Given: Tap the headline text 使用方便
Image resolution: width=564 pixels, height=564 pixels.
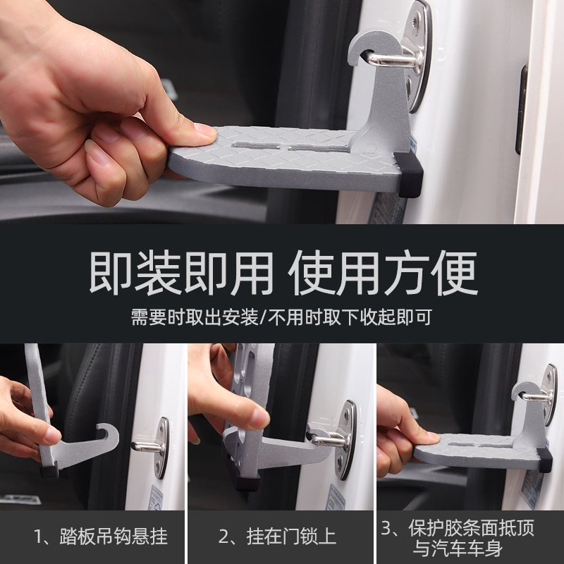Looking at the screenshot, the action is (x=382, y=274).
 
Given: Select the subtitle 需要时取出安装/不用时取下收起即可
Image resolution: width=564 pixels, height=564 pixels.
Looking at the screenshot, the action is (x=281, y=317).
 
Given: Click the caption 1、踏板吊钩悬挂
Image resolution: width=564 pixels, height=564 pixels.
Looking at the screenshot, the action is (x=101, y=537).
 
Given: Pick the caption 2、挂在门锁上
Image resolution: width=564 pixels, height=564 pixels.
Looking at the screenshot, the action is (x=277, y=537).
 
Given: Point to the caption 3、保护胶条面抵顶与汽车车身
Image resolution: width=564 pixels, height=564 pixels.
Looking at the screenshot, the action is (x=458, y=539).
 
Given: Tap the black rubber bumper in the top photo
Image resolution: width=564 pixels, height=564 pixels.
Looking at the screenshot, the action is (x=409, y=174).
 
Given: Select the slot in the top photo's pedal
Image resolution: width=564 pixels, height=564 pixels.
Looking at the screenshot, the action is (x=290, y=146).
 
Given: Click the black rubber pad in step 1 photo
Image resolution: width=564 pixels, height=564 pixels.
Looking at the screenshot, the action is (x=49, y=470).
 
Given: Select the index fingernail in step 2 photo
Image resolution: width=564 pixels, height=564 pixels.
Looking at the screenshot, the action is (x=259, y=418).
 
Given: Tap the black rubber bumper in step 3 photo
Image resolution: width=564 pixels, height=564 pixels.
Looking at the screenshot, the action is (x=544, y=460).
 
